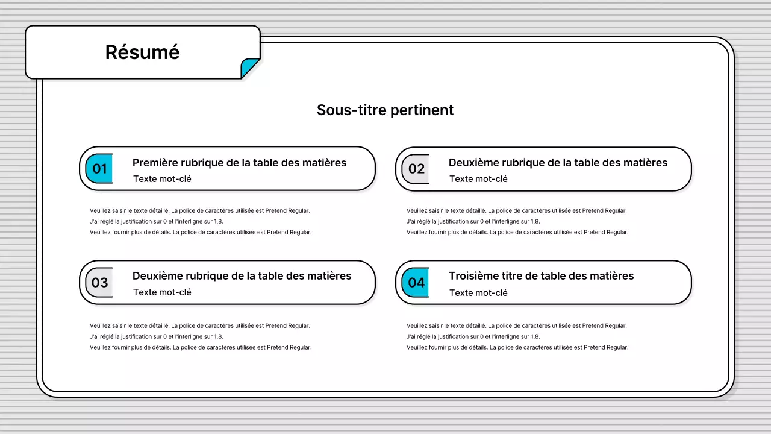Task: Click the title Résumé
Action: (142, 52)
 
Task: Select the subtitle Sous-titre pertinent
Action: (385, 110)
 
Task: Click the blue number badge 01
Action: (99, 169)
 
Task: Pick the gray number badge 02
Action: (416, 169)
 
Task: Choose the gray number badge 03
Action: (99, 283)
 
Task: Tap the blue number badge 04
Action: (416, 283)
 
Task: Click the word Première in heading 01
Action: (155, 163)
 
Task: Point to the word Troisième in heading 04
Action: (473, 276)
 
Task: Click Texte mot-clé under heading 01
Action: (162, 179)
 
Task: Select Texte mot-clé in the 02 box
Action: (478, 179)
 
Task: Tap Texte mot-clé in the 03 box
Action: (162, 292)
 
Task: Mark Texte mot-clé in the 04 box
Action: (478, 293)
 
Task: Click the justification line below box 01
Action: (156, 221)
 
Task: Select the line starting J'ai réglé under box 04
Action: (473, 336)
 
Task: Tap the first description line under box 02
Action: (516, 211)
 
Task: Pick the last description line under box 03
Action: (201, 347)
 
